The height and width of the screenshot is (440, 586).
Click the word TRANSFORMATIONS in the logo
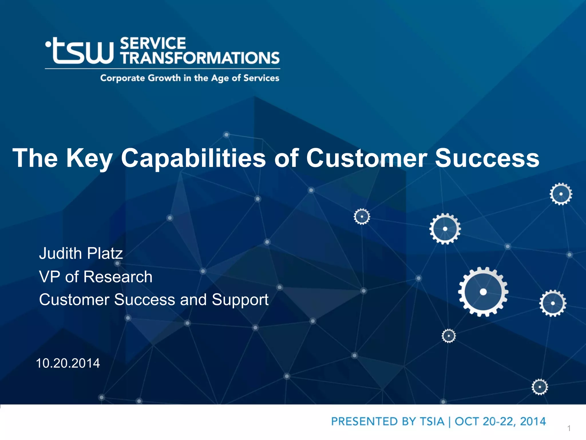coord(200,58)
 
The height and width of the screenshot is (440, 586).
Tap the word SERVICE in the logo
coord(153,44)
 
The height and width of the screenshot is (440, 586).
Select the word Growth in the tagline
coord(164,78)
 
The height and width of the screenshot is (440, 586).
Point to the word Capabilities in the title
coord(193,158)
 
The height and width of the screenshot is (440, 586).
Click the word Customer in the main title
coord(367,158)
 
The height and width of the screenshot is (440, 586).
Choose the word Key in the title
coord(89,158)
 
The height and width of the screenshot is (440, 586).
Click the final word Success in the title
coord(487,158)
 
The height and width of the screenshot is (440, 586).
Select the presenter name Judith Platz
coord(81,253)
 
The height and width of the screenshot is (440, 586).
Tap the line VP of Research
coord(96,277)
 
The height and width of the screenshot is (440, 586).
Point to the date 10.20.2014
coord(68,363)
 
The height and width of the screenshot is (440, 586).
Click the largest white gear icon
coord(483,292)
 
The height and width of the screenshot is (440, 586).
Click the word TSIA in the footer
coord(432,421)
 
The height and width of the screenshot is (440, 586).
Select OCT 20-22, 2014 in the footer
coord(500,421)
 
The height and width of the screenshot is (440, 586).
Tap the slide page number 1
coord(569,428)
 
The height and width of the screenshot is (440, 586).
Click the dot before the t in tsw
coord(48,45)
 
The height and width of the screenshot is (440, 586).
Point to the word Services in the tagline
coord(261,78)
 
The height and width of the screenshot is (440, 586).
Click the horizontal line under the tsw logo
coord(163,69)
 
